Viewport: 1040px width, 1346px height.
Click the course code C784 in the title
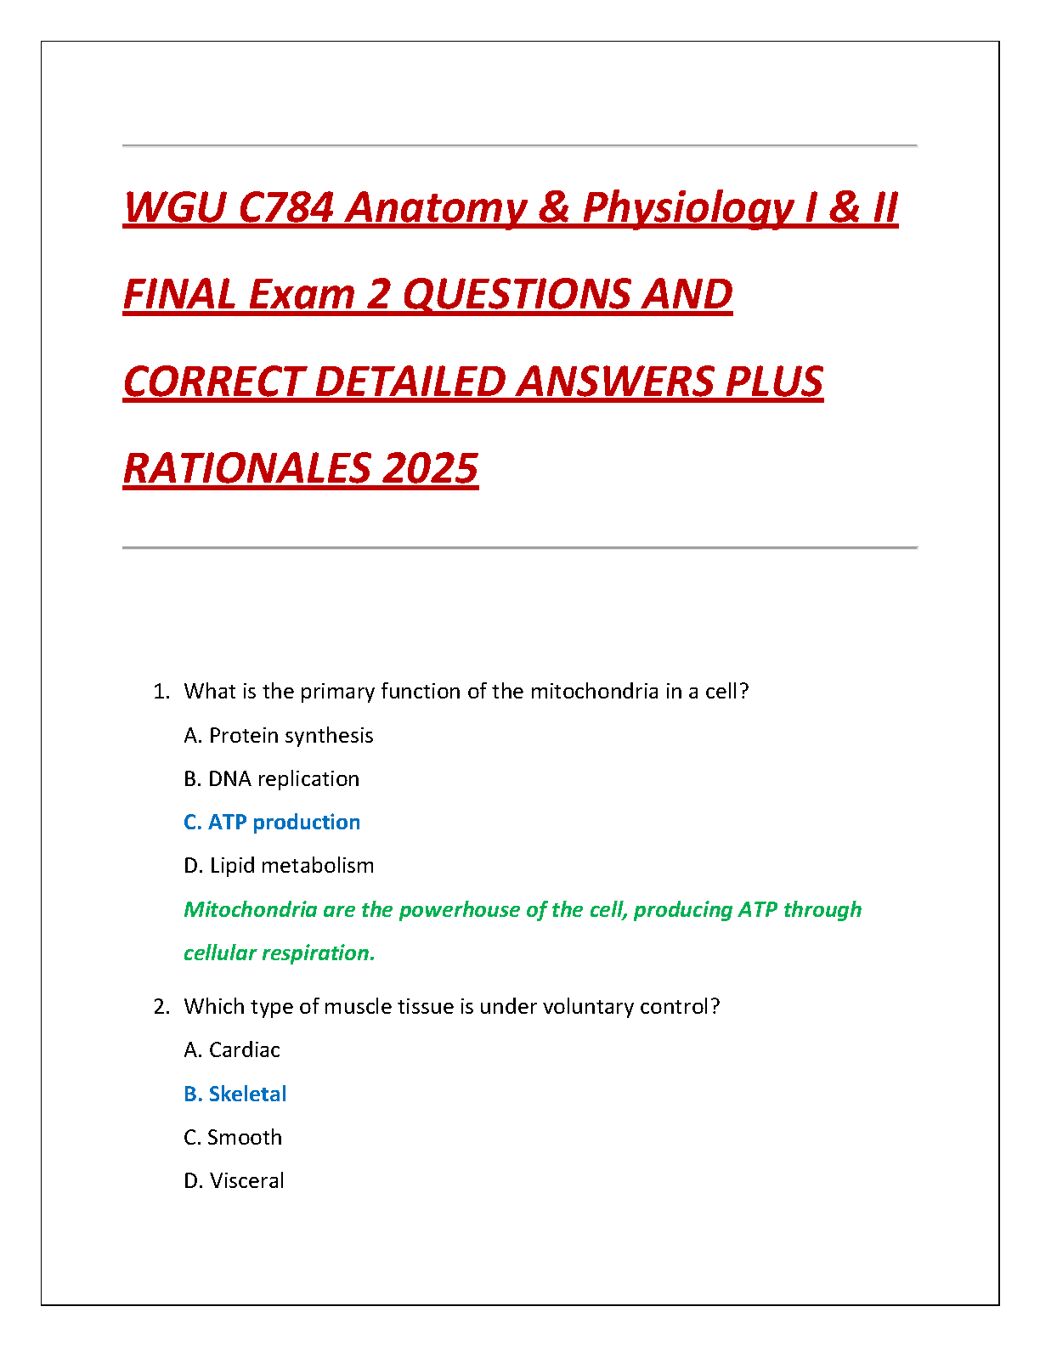tap(285, 207)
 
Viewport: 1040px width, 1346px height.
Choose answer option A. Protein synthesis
tap(279, 735)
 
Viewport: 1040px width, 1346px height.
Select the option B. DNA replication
tap(271, 778)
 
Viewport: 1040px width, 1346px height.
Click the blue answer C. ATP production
tap(272, 822)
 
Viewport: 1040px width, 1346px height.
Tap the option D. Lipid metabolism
tap(279, 865)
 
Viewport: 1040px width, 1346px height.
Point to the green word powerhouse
tap(459, 909)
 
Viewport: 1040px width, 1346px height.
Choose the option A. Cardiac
tap(232, 1049)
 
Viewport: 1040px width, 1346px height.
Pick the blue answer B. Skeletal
tap(235, 1094)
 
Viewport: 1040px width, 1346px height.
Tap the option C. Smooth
tap(233, 1137)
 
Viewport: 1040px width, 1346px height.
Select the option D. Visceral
tap(234, 1180)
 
